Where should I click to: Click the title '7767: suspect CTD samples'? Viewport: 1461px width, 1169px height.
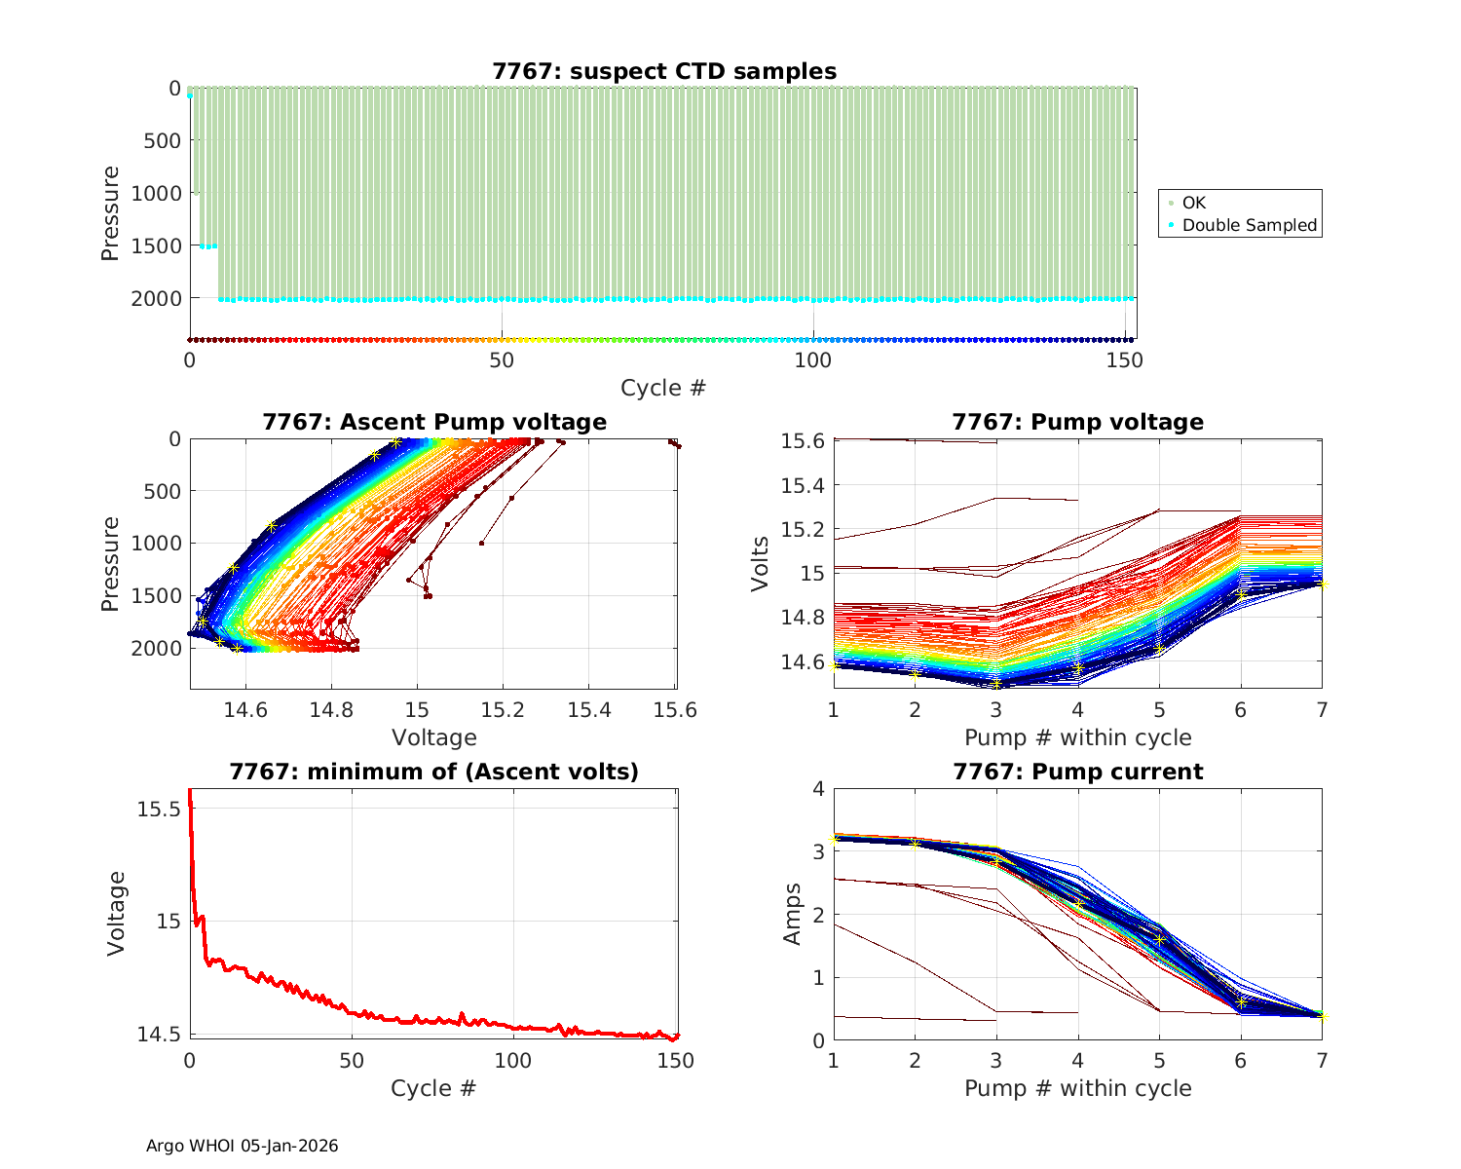(x=663, y=71)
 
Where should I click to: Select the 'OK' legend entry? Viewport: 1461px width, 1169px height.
(x=1193, y=203)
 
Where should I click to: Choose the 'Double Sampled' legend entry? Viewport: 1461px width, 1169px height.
(x=1249, y=225)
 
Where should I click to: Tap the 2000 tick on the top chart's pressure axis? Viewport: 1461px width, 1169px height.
(x=156, y=298)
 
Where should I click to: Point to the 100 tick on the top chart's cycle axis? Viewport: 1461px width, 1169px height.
(x=813, y=359)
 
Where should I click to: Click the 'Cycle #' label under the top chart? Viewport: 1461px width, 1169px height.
(x=663, y=388)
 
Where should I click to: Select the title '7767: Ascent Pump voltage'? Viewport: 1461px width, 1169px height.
(x=434, y=422)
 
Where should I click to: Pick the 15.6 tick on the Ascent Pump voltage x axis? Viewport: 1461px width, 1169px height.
(x=675, y=710)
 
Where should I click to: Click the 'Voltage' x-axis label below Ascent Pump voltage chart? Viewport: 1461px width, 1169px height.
(x=434, y=737)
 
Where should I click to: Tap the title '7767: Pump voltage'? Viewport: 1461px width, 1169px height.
(x=1077, y=422)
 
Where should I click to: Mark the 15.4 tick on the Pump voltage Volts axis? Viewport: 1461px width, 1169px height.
(x=802, y=485)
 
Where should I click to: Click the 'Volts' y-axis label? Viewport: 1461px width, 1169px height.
(x=761, y=564)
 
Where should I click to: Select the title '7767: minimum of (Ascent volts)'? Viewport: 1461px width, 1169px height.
(x=434, y=772)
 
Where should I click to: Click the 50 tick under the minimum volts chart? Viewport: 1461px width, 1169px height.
(x=352, y=1061)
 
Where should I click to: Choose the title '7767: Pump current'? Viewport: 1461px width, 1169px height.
(x=1077, y=772)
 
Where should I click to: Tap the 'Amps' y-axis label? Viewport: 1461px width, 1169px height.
(x=794, y=914)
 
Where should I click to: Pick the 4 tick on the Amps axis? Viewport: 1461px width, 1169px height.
(x=817, y=788)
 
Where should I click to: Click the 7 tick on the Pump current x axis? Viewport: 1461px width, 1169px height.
(x=1322, y=1061)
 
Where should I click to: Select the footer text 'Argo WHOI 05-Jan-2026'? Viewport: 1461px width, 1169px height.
(x=243, y=1146)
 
